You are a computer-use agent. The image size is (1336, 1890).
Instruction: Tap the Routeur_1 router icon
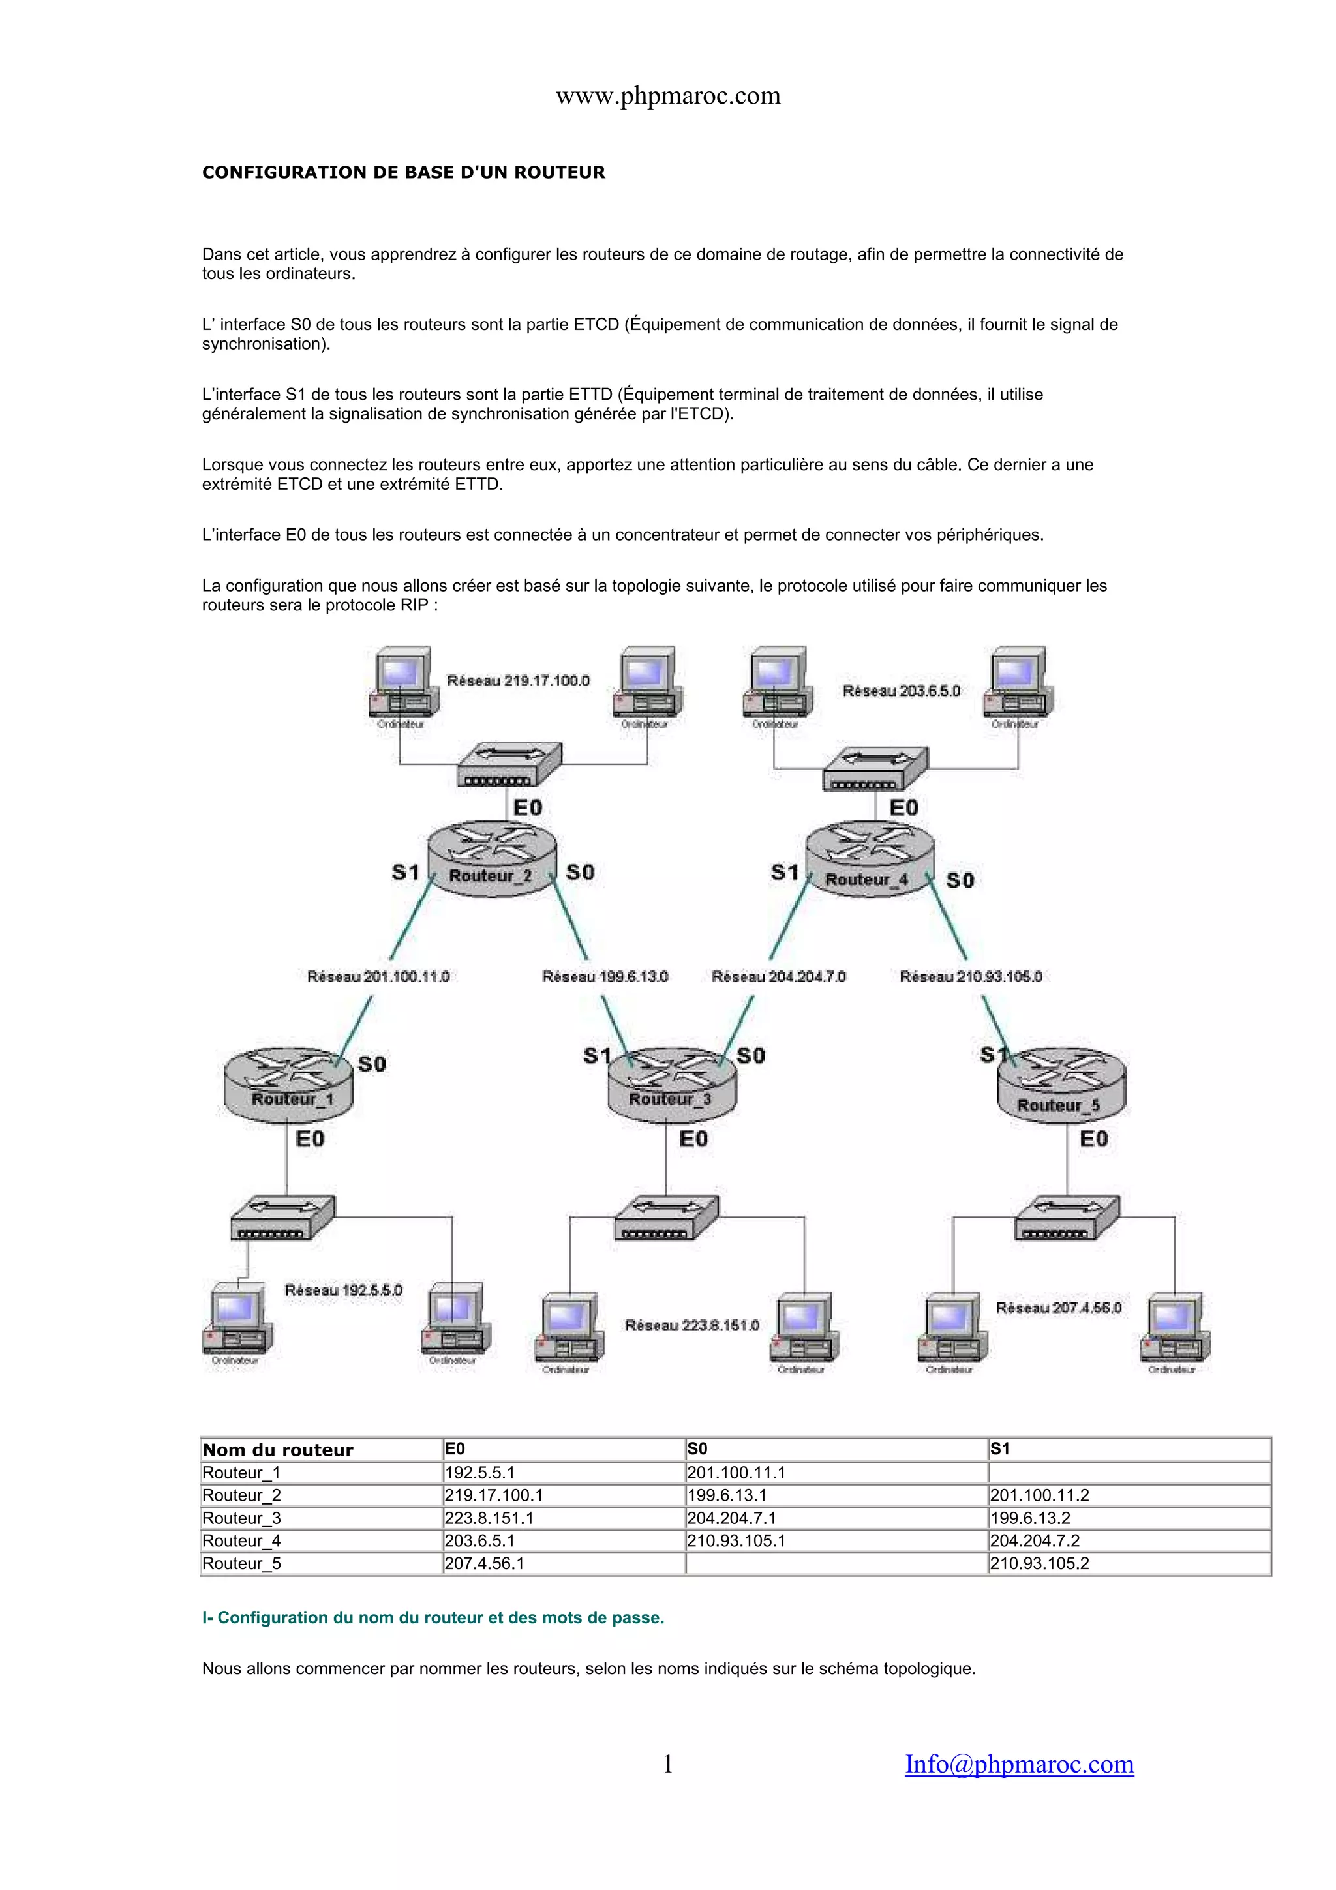pos(288,1083)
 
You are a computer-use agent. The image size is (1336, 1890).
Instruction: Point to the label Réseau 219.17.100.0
pos(518,681)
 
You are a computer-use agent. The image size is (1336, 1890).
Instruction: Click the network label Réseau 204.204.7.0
pos(778,976)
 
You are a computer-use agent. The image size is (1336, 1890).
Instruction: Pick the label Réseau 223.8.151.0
pos(691,1325)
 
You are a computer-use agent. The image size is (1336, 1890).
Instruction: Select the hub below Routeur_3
pos(666,1218)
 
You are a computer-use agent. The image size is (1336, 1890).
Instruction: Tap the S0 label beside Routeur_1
pos(372,1064)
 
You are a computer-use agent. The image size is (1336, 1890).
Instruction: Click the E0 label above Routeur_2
pos(528,807)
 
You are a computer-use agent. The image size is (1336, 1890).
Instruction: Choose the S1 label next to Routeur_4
pos(785,872)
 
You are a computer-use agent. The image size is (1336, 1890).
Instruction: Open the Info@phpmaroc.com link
pos(1019,1763)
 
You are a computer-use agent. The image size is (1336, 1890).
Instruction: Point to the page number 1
pos(667,1763)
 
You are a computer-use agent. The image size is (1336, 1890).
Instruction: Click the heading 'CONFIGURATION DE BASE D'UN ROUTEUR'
pos(403,172)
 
